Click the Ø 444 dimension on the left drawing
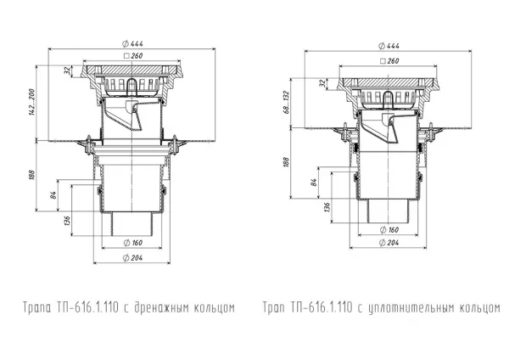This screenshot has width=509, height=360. point(132,43)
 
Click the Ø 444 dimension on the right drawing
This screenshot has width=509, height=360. point(389,46)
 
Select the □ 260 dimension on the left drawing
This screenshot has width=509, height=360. point(133,55)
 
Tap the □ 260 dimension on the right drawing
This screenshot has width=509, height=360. point(389,61)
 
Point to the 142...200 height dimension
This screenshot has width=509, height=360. point(32,103)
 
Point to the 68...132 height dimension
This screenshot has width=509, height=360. point(287,102)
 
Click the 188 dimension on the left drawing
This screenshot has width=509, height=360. point(31,175)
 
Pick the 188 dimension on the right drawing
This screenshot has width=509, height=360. point(286,162)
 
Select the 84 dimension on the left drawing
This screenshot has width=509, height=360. point(53,195)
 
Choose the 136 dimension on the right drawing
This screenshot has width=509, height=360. point(327,207)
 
